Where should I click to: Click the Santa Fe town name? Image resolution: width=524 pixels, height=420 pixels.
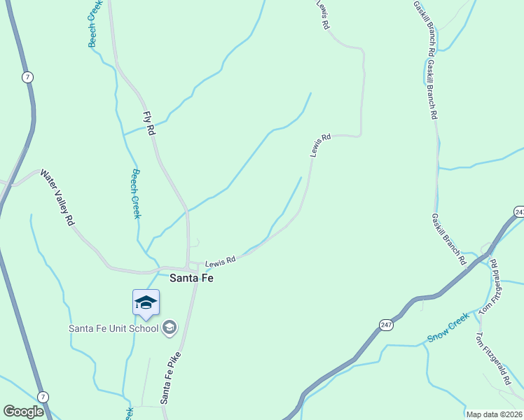point(191,278)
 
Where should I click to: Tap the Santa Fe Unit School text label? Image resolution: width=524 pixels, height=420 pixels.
point(114,327)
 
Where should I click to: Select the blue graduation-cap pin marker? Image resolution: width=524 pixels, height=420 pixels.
point(146,303)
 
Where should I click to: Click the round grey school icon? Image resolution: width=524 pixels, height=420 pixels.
point(169,327)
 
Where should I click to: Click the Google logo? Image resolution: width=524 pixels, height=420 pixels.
point(24,412)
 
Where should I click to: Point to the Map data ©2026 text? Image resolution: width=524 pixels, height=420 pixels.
point(494,414)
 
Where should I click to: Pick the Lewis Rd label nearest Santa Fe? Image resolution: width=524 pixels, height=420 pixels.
point(219,260)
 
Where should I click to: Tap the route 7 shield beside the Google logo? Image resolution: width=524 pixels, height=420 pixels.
point(43,397)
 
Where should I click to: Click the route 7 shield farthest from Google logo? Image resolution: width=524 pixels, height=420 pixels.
point(27,77)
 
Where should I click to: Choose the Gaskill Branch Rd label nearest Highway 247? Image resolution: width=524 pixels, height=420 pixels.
point(449,239)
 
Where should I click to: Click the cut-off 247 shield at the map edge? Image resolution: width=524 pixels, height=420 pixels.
point(519,211)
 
